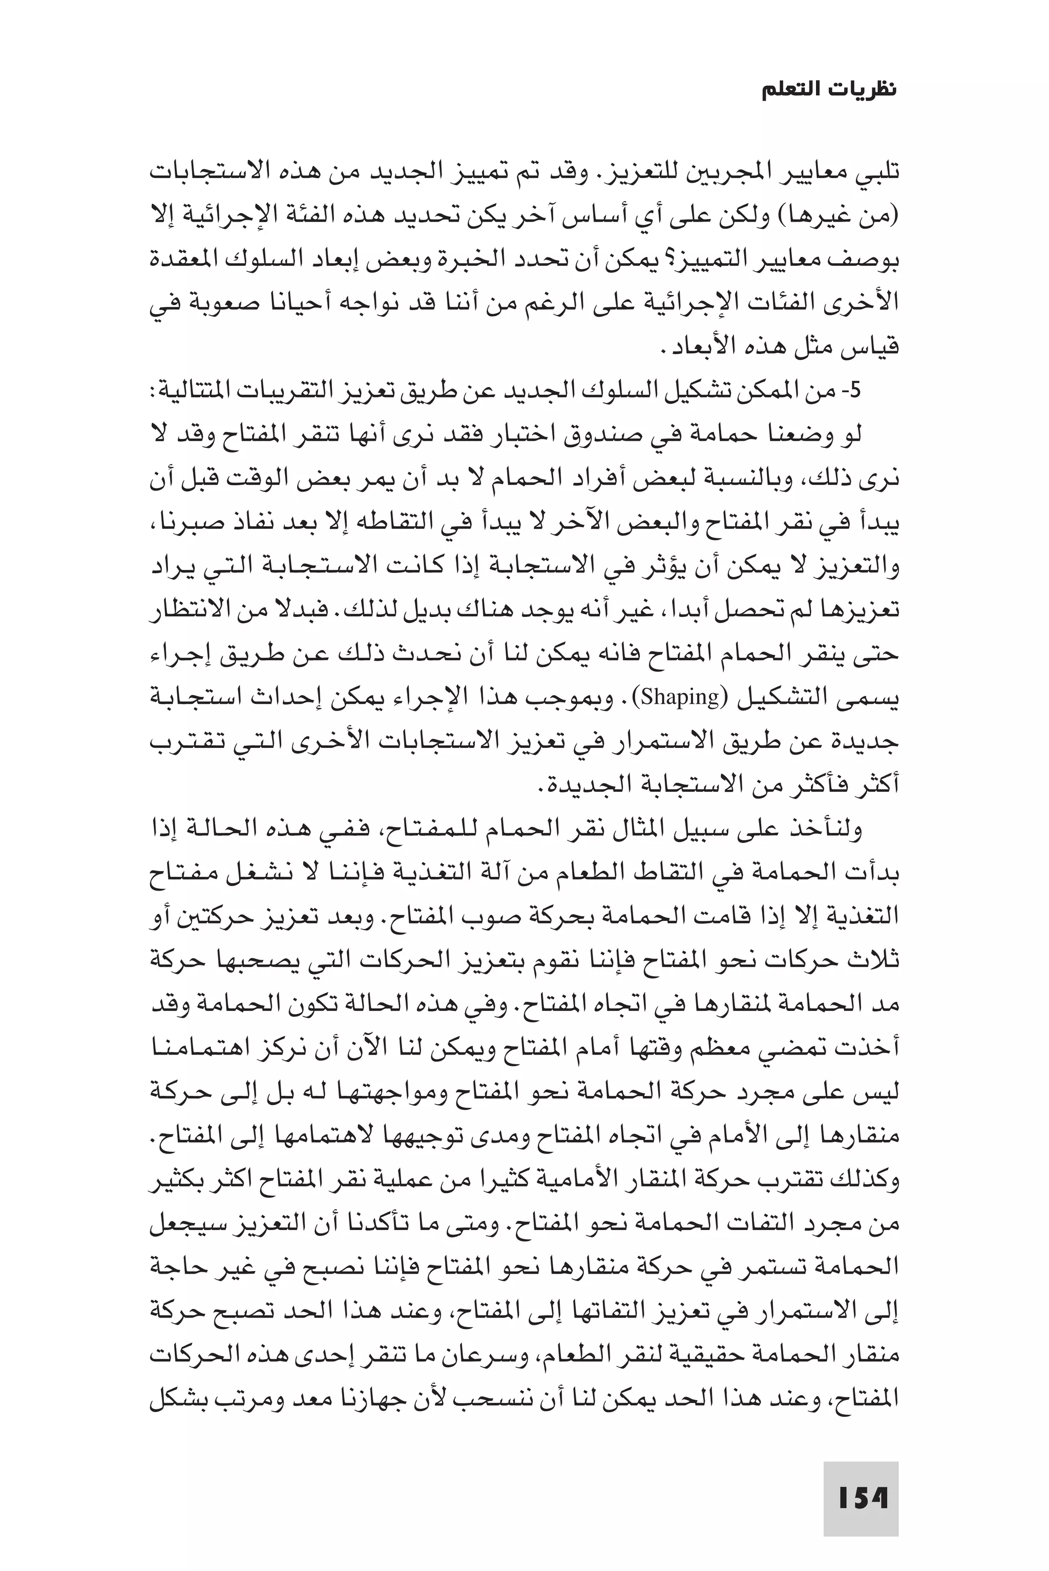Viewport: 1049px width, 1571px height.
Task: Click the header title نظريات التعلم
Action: click(x=829, y=91)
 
